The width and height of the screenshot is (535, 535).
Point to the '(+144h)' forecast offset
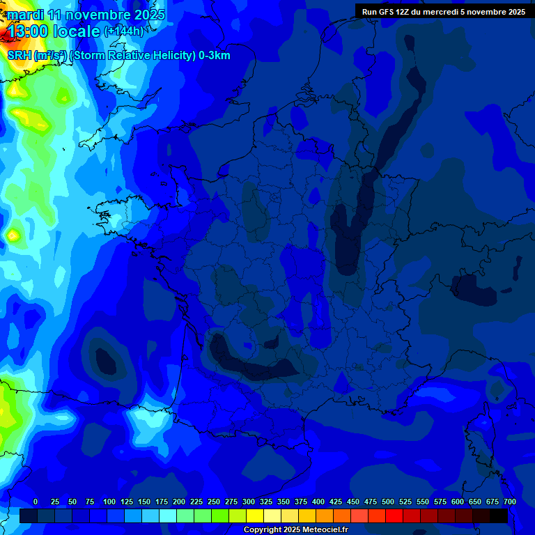123,31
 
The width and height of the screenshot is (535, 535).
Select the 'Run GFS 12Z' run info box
444,11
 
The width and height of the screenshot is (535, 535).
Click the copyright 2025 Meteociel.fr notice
295,530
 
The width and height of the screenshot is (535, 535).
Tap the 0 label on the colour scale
36,502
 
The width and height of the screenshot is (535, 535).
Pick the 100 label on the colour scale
109,502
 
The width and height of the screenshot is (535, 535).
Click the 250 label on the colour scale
214,502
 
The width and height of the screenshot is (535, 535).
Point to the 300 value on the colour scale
249,502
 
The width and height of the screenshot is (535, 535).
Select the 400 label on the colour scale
318,502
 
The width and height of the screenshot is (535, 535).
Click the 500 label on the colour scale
388,502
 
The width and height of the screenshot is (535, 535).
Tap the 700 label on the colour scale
510,502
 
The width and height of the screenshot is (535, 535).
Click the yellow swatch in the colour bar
255,515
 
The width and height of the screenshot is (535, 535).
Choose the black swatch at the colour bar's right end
499,515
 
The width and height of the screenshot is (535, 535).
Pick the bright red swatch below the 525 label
394,515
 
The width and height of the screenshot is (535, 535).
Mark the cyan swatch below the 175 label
150,515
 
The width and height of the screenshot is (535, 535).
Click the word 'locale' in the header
76,31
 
